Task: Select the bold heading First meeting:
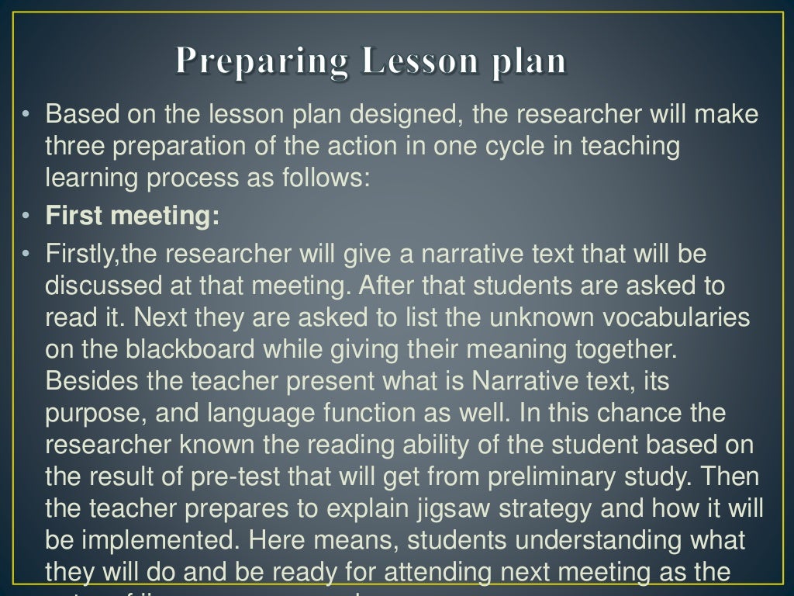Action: pyautogui.click(x=133, y=217)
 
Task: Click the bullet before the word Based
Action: pyautogui.click(x=26, y=116)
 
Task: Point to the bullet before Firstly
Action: pyautogui.click(x=26, y=254)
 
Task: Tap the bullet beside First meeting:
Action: pyautogui.click(x=26, y=217)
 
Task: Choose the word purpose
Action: pyautogui.click(x=94, y=412)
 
